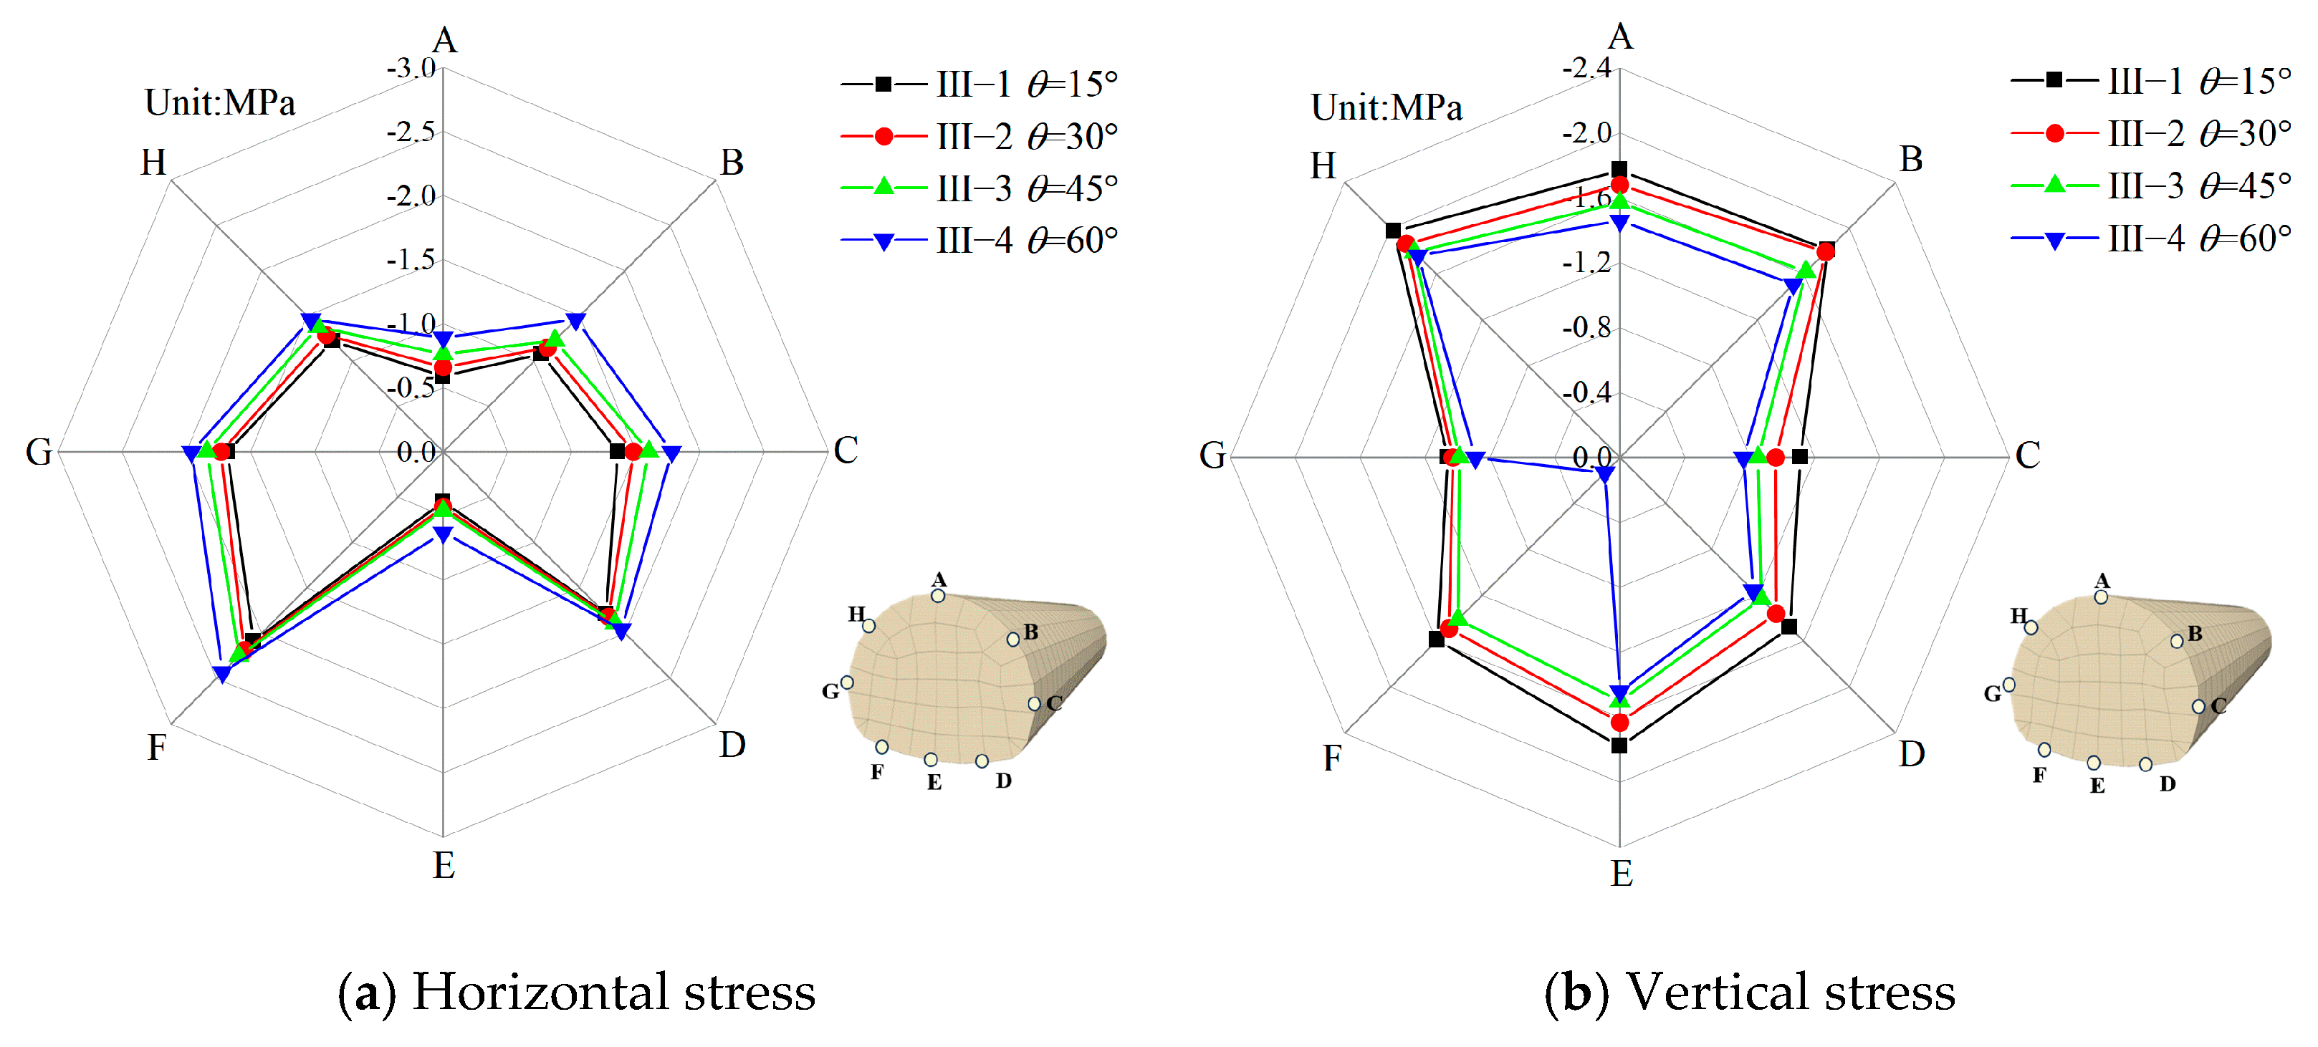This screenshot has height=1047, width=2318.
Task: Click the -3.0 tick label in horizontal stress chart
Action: pos(411,68)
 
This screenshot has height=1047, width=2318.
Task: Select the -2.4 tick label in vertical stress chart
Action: pos(1586,68)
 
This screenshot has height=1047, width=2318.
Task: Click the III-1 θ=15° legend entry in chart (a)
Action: pos(979,85)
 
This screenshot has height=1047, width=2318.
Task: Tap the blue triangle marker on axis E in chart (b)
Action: pos(1619,693)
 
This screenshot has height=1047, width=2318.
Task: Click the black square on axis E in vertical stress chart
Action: pos(1619,746)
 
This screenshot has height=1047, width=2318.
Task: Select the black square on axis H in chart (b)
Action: pos(1393,231)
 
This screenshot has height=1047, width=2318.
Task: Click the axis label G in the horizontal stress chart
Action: pos(39,453)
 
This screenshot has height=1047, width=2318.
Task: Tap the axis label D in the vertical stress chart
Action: pos(1911,754)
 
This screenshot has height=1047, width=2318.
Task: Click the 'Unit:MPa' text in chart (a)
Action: pos(221,102)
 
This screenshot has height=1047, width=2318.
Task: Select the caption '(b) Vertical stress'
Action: pos(1749,992)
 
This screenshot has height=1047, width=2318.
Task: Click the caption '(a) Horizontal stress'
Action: pos(577,992)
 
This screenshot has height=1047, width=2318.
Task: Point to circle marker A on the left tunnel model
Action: pos(938,595)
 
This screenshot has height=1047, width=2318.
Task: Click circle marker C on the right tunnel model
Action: pos(2198,707)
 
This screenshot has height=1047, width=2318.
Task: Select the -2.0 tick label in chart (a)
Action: pos(411,196)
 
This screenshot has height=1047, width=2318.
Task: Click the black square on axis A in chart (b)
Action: pos(1619,169)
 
